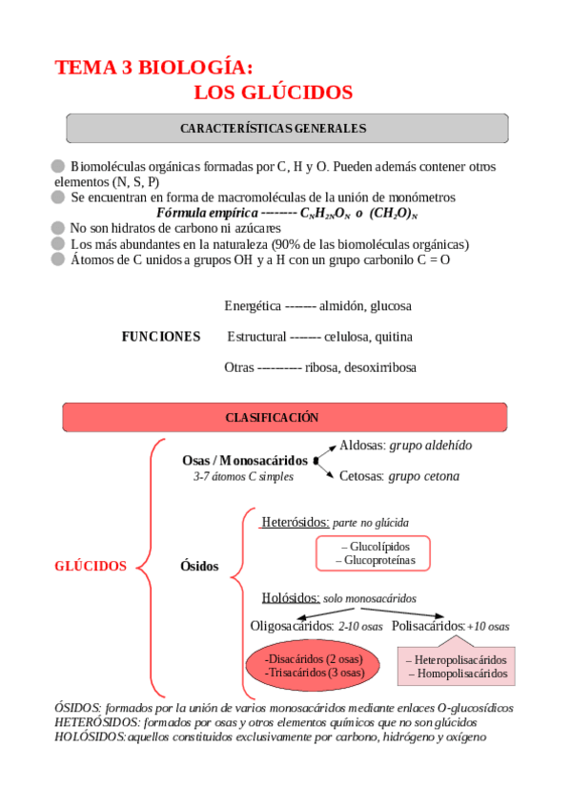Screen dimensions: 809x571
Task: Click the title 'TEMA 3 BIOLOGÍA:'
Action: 154,68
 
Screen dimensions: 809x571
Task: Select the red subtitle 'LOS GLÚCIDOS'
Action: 273,93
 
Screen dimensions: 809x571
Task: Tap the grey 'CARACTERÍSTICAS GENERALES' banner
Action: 273,128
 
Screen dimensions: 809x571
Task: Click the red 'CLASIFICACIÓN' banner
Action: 272,418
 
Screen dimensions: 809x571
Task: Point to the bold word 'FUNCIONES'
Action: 161,337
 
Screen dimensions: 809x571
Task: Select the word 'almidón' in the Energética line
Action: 342,306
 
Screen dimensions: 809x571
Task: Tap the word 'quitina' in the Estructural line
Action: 393,337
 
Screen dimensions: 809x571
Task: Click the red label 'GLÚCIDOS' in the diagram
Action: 91,566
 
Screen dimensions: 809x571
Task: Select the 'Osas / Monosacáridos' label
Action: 245,460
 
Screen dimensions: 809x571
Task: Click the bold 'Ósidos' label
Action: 199,566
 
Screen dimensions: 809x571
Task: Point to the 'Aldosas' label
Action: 362,446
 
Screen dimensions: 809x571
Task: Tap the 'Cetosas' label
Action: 362,476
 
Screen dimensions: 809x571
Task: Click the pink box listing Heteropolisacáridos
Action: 457,666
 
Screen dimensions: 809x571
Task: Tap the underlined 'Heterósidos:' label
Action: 295,522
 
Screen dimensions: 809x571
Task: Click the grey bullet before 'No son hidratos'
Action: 59,228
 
